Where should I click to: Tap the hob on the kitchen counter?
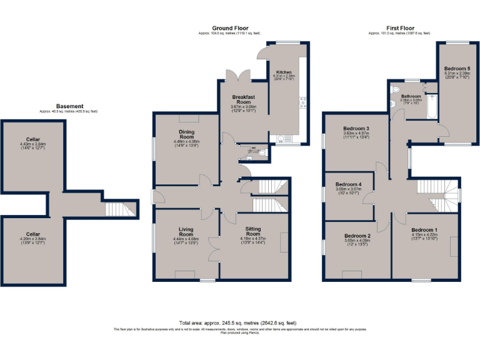pos(303,100)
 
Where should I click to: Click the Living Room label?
pos(185,232)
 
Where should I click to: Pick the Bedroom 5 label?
pos(457,68)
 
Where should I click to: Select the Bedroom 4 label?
pos(348,184)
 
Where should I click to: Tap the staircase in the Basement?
pos(119,209)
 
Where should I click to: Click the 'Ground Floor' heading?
pos(230,28)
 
